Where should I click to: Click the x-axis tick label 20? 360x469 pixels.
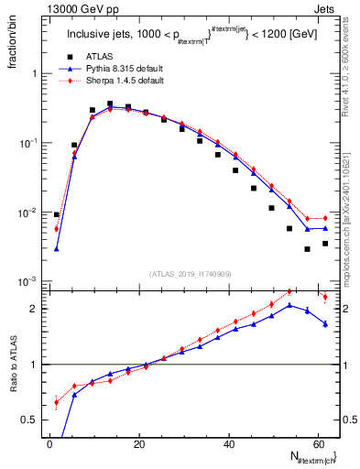pos(138,444)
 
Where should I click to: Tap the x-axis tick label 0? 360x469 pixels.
pos(49,444)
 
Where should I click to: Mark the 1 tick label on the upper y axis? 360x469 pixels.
pos(38,73)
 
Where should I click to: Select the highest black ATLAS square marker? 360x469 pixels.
pos(110,104)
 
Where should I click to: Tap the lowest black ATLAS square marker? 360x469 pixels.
pos(308,249)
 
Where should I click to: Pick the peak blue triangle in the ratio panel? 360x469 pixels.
pos(289,305)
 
